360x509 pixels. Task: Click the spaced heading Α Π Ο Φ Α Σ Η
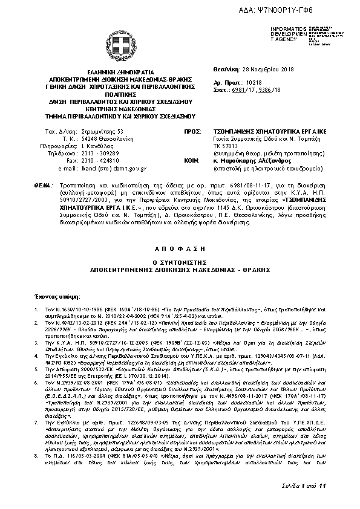tap(180, 248)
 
